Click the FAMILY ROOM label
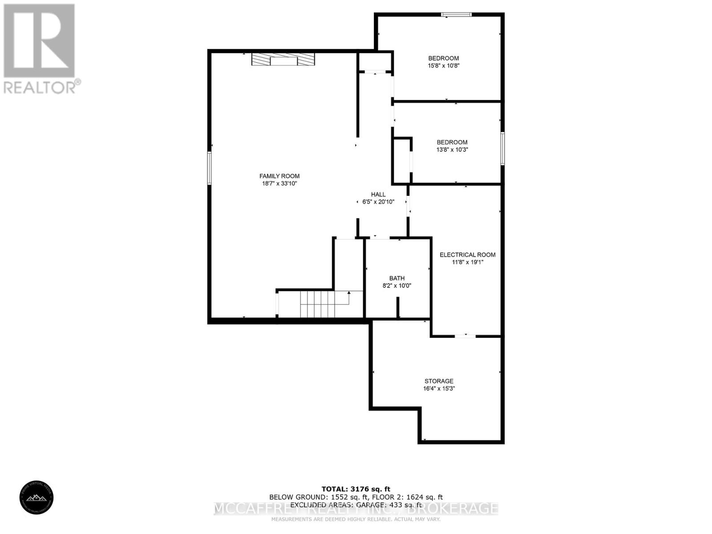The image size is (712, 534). tap(279, 176)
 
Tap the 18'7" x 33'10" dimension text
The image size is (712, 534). tap(279, 183)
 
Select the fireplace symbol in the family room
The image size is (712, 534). tap(283, 60)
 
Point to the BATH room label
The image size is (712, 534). tap(397, 279)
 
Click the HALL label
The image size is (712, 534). tap(378, 194)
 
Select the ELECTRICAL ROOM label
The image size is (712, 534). tap(467, 255)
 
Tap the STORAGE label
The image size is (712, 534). tap(439, 381)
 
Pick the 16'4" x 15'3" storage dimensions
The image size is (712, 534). tap(439, 388)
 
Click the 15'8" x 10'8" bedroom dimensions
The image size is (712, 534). tap(443, 65)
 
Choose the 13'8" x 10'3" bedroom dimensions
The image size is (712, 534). tap(452, 150)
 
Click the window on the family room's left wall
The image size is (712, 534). tap(209, 168)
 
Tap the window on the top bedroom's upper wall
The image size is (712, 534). tap(456, 15)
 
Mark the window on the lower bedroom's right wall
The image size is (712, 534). tap(502, 149)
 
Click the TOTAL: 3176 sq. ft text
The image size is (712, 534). tap(356, 489)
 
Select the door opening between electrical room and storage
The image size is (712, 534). tap(465, 336)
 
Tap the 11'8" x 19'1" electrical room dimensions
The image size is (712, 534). tap(467, 262)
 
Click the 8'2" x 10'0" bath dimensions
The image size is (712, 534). tap(397, 286)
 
